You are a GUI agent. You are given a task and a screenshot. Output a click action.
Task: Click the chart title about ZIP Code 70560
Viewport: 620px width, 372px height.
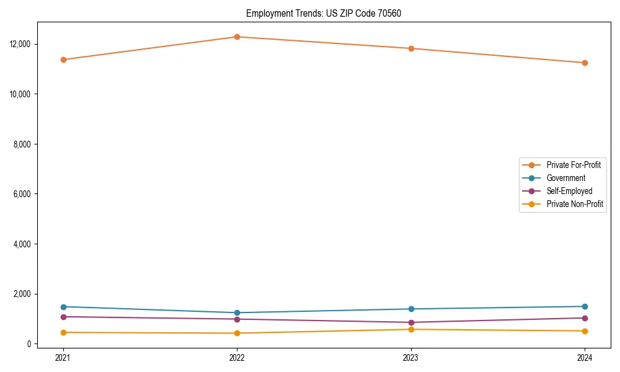tap(324, 13)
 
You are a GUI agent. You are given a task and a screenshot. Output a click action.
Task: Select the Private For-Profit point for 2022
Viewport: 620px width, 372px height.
tap(237, 37)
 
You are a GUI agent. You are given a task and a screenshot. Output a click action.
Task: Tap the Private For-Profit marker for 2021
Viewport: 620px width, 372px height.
tap(63, 60)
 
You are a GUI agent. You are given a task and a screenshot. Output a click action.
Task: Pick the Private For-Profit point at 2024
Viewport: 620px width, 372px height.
tap(585, 63)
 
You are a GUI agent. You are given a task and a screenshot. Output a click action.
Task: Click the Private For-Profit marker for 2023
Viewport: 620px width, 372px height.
tap(411, 48)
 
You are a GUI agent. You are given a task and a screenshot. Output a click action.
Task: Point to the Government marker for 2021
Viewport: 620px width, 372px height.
tap(63, 307)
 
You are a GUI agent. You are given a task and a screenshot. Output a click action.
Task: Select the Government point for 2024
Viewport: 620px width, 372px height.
tap(585, 306)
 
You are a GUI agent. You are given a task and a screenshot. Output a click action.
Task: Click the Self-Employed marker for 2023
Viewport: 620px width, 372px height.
tap(411, 322)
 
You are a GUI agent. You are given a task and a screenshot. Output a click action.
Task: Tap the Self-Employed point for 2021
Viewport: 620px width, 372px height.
tap(63, 317)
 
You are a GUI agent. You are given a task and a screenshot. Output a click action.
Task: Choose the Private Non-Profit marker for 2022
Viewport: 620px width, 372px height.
tap(237, 333)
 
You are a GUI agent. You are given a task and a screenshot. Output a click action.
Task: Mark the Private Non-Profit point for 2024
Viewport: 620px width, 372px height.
tap(585, 330)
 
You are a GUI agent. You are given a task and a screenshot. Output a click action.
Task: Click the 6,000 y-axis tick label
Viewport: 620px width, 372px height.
tap(22, 194)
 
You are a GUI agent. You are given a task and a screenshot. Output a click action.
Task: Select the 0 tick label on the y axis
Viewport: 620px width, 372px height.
tap(29, 344)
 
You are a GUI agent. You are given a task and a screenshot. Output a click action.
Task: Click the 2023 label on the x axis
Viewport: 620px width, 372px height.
tap(411, 357)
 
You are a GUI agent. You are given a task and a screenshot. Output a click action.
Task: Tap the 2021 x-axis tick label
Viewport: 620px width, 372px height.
tap(63, 357)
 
